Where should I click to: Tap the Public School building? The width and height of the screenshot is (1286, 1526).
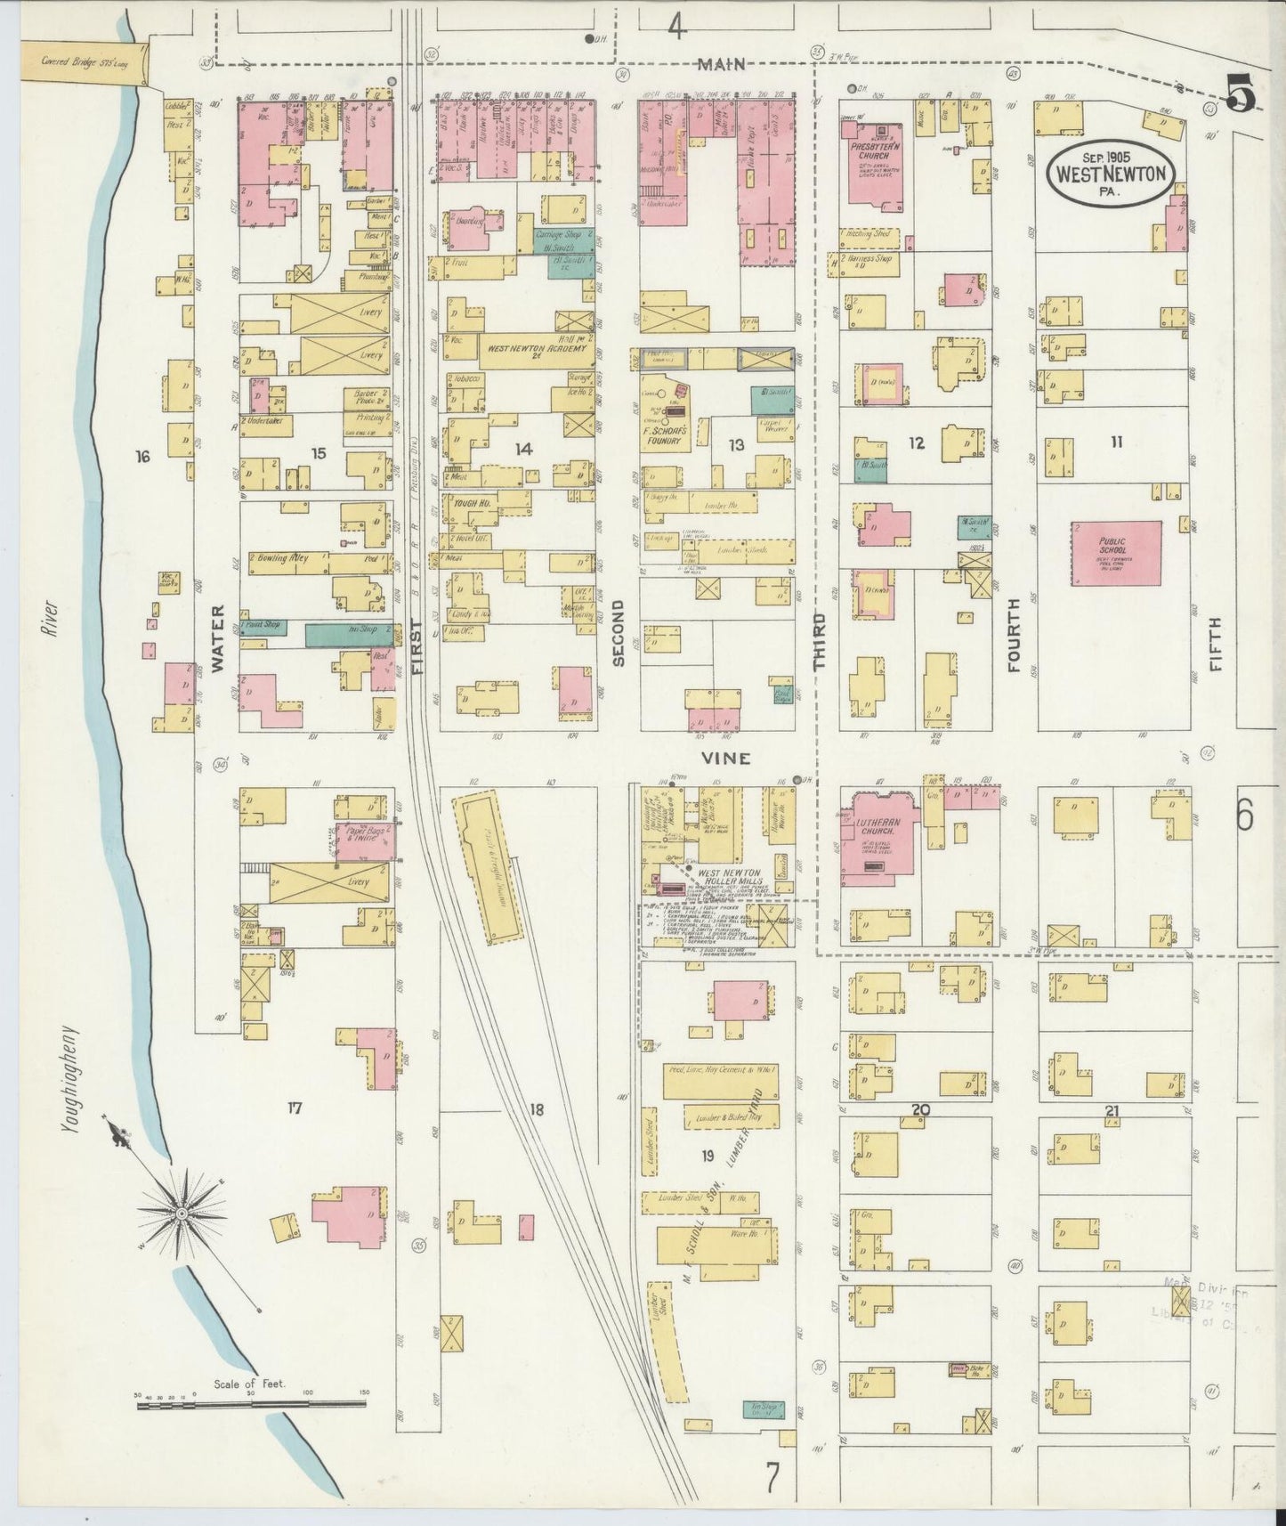(x=1116, y=553)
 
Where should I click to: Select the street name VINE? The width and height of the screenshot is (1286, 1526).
(x=725, y=759)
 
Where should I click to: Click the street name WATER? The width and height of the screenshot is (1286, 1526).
(x=218, y=638)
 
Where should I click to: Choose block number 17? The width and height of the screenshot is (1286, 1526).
(x=295, y=1108)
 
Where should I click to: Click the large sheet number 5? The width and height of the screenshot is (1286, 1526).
(x=1241, y=92)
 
